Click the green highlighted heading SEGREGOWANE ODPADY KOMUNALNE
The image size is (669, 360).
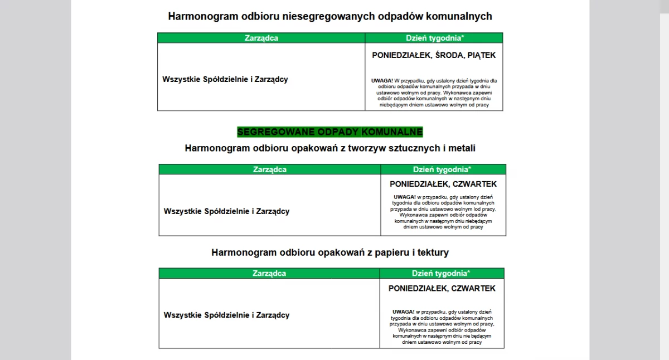pyautogui.click(x=330, y=132)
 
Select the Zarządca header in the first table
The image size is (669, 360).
pyautogui.click(x=261, y=38)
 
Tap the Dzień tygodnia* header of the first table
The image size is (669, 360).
pyautogui.click(x=434, y=38)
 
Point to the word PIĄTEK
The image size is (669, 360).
pyautogui.click(x=482, y=55)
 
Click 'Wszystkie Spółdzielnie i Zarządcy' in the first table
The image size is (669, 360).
pyautogui.click(x=225, y=79)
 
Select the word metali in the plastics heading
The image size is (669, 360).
pyautogui.click(x=462, y=148)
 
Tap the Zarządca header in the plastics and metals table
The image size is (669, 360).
pyautogui.click(x=270, y=169)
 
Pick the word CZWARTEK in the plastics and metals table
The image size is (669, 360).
pyautogui.click(x=474, y=184)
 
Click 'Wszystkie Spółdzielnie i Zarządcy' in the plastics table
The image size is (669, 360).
pyautogui.click(x=226, y=211)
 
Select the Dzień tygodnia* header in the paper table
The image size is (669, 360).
pyautogui.click(x=441, y=273)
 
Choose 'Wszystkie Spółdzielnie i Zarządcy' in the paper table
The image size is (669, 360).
pyautogui.click(x=226, y=315)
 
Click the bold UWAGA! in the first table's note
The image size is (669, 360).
pyautogui.click(x=382, y=81)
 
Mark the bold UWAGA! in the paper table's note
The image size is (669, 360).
pyautogui.click(x=403, y=312)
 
